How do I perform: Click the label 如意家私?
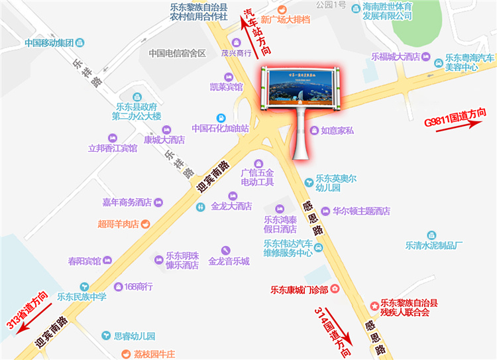tap(337, 131)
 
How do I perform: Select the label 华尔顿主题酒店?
tap(361, 211)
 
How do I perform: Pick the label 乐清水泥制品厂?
tap(433, 245)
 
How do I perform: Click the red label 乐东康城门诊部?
tap(300, 289)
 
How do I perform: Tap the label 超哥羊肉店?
tap(118, 224)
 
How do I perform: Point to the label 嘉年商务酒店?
tap(127, 202)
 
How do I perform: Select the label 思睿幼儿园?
tap(135, 336)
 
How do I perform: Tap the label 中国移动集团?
tap(48, 43)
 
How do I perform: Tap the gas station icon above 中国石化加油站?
tap(221, 117)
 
